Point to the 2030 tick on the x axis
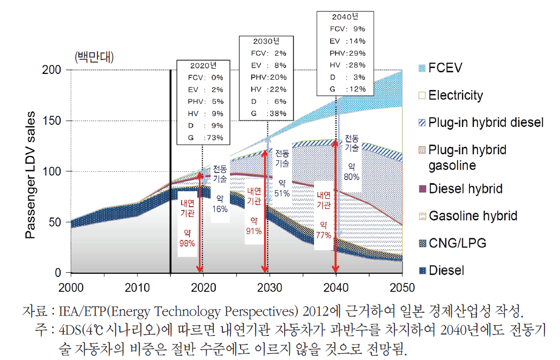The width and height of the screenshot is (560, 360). point(266,288)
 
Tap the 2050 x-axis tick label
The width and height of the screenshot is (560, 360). point(401,288)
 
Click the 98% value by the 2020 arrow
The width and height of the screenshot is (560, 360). point(186,243)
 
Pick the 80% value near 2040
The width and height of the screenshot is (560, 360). point(352,177)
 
